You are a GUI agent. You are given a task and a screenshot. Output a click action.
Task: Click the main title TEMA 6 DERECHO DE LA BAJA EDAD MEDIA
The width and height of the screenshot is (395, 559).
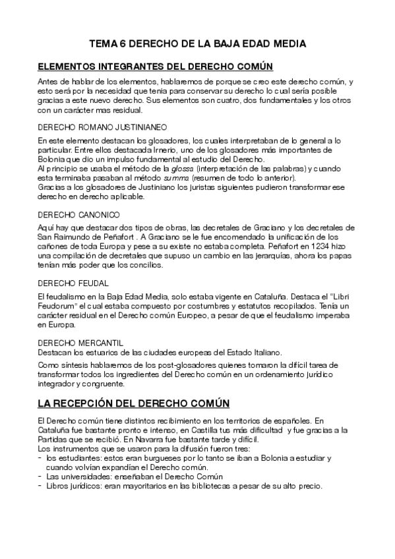coord(197,45)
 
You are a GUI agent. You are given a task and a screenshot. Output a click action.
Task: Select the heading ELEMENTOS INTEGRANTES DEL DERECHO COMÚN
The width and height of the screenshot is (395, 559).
coord(155,67)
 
